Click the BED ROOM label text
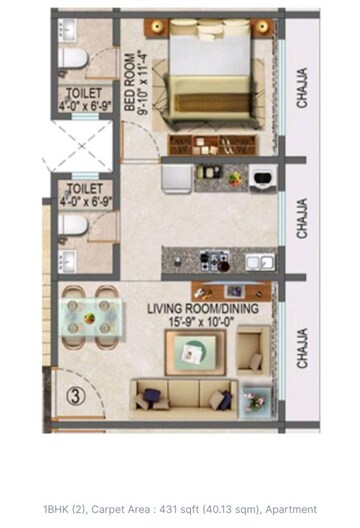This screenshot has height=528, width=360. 130,78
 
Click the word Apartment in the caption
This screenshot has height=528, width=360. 292,509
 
